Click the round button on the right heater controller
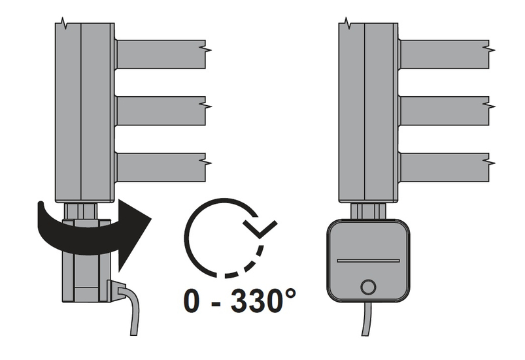(368, 287)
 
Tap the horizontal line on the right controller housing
(368, 261)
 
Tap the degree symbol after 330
(290, 294)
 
